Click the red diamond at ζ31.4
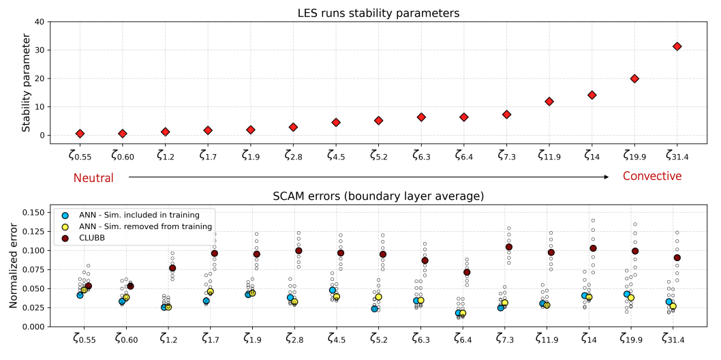click(x=677, y=46)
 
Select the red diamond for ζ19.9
click(x=634, y=78)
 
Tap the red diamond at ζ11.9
click(x=549, y=102)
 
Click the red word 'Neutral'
click(x=93, y=177)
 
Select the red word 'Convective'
click(x=652, y=177)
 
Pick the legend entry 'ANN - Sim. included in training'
click(x=143, y=215)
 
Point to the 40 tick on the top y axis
click(x=40, y=22)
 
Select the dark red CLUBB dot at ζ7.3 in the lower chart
click(x=509, y=247)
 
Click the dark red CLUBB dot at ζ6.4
click(x=467, y=272)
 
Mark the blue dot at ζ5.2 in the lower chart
click(x=374, y=309)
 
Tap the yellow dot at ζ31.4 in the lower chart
click(x=673, y=306)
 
